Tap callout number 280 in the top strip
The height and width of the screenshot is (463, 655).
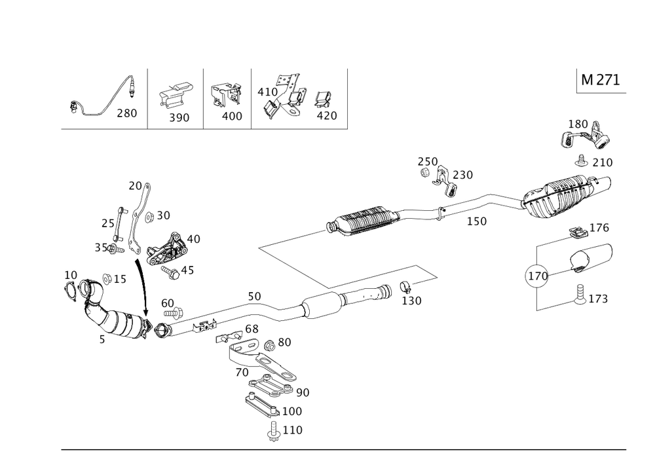click(126, 113)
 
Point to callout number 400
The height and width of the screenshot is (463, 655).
click(232, 116)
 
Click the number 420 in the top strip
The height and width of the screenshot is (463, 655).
click(326, 115)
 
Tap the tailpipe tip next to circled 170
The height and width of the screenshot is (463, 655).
click(590, 259)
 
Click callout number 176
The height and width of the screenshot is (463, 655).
click(599, 228)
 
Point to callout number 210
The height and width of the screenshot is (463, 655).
click(601, 161)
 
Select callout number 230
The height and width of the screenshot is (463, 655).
click(462, 174)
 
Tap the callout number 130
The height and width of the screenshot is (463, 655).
click(411, 301)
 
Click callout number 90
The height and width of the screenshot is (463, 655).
click(303, 392)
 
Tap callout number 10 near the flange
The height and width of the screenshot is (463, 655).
click(71, 273)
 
